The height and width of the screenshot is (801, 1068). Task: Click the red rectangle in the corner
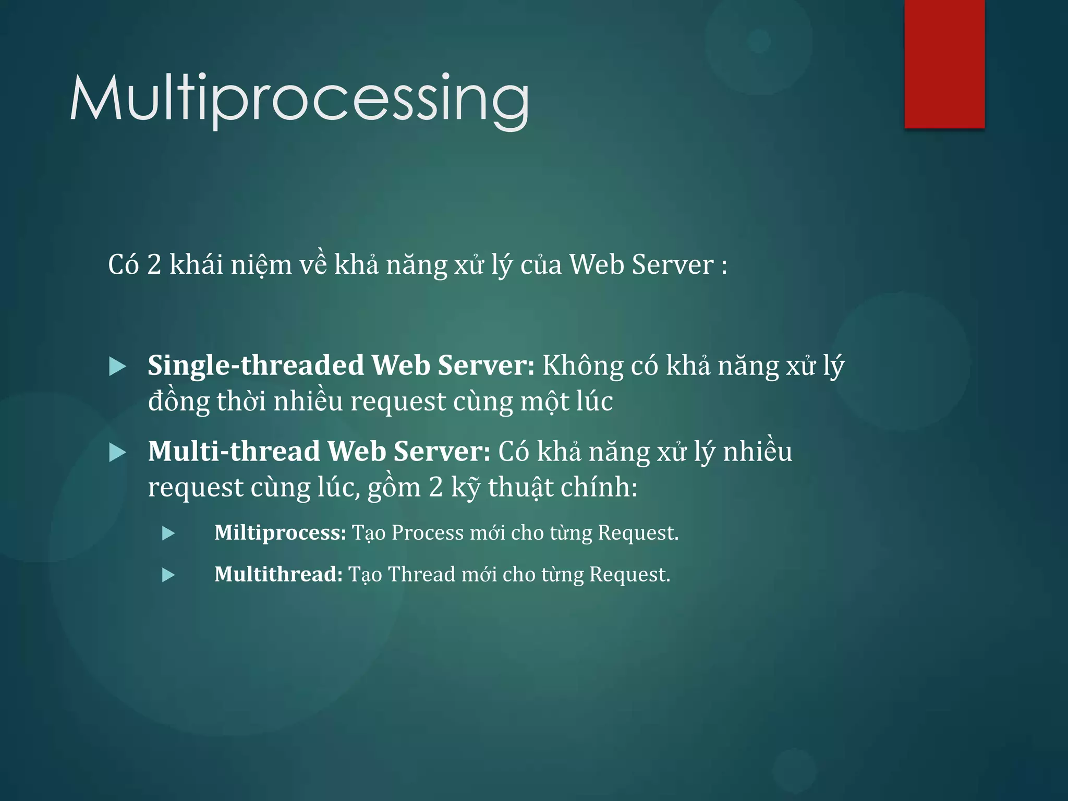click(944, 64)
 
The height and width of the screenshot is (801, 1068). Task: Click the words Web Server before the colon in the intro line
click(641, 265)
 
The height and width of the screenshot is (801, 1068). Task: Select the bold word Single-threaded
click(256, 366)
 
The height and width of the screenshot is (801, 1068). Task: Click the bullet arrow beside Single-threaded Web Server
click(117, 367)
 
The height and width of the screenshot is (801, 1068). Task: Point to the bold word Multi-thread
click(234, 452)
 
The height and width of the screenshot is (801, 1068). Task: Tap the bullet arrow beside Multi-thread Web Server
click(117, 453)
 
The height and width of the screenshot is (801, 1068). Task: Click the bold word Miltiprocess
click(280, 533)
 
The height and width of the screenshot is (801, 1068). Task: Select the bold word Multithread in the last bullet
click(278, 575)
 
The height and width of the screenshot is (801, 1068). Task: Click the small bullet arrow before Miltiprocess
click(168, 533)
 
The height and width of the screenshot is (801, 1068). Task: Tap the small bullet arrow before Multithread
click(168, 575)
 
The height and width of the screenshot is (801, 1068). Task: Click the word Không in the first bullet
click(582, 366)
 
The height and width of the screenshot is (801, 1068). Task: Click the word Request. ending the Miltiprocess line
click(638, 533)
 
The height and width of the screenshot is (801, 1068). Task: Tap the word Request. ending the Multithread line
click(629, 575)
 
